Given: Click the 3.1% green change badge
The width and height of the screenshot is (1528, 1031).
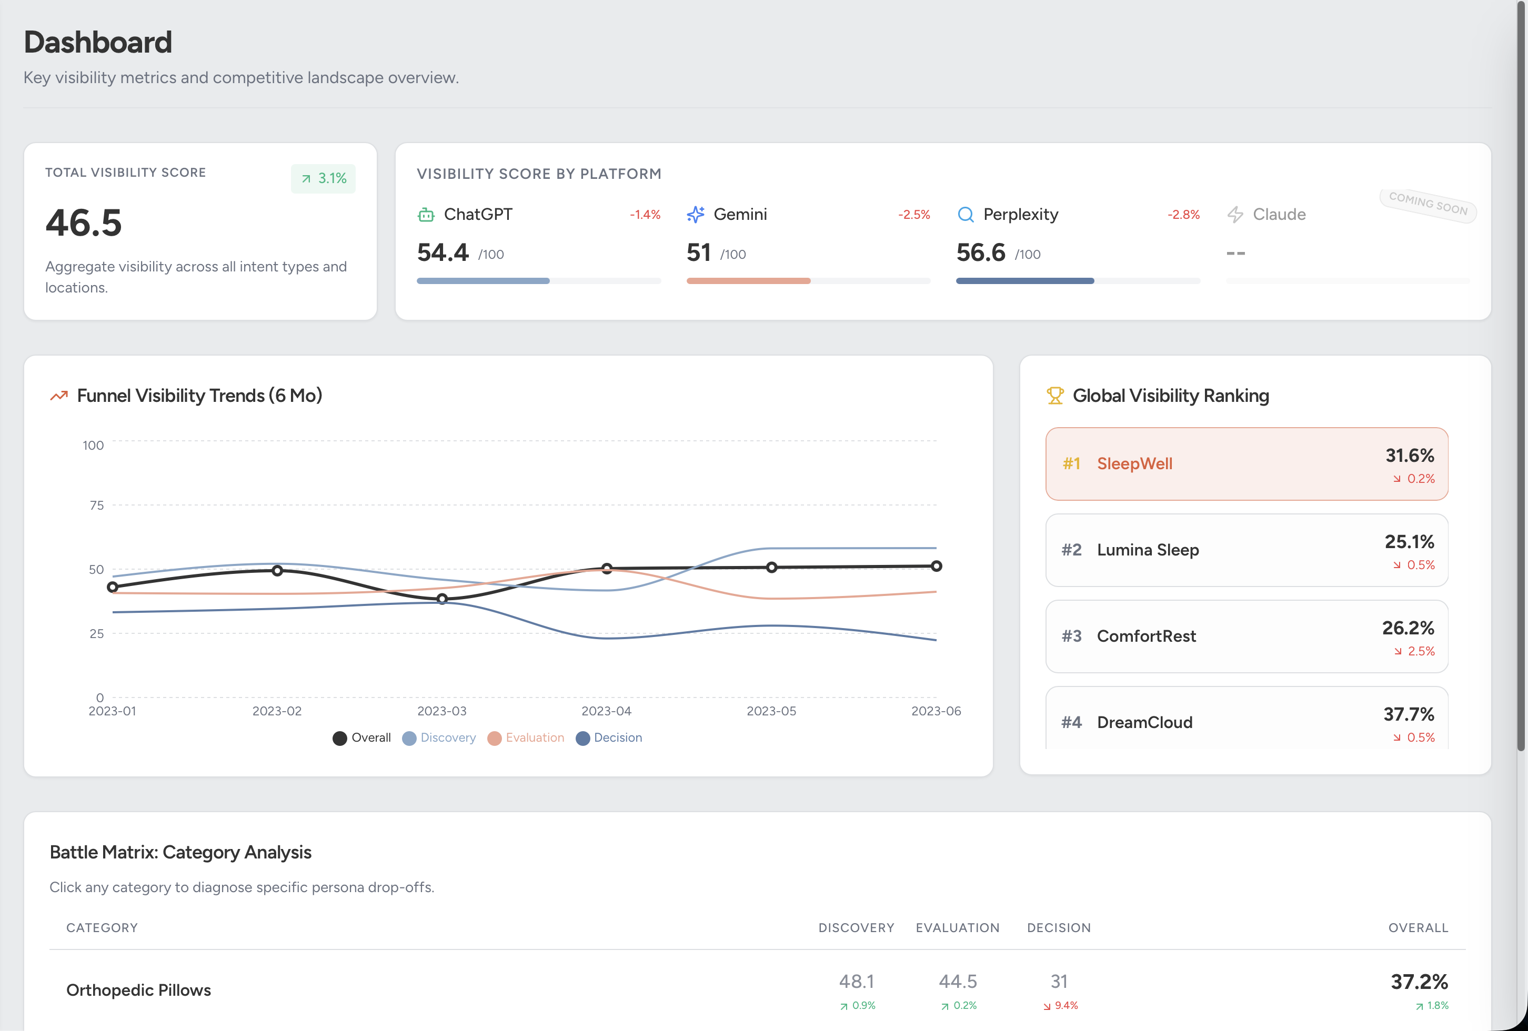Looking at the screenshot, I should [x=324, y=179].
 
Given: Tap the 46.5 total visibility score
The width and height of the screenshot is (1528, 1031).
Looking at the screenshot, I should [x=84, y=223].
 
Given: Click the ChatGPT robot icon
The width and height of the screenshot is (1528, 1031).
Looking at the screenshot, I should [x=426, y=215].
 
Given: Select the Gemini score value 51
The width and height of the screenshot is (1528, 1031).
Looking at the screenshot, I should [x=698, y=253].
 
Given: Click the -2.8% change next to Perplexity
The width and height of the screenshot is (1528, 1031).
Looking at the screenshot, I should [x=1183, y=215].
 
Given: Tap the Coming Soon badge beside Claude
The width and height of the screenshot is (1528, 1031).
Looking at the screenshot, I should [x=1428, y=205].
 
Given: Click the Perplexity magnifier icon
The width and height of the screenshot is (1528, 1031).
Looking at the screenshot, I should [x=965, y=215].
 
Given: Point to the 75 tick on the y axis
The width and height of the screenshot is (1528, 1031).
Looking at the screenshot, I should [x=97, y=506].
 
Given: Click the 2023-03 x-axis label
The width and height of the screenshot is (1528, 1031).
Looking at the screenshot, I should [x=442, y=711].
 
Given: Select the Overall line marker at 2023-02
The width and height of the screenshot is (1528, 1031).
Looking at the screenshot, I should [x=277, y=570].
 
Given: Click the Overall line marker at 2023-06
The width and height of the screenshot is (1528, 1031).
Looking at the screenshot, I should [x=936, y=566].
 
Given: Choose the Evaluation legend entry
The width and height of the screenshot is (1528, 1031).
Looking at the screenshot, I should [x=526, y=738].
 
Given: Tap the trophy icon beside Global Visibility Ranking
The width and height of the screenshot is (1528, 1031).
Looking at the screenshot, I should [x=1054, y=396].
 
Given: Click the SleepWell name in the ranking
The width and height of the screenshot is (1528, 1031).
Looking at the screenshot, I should [x=1134, y=464].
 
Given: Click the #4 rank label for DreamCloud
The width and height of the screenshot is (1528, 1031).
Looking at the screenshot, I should [x=1071, y=722].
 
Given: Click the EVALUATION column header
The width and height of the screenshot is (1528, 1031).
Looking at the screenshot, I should [x=957, y=928].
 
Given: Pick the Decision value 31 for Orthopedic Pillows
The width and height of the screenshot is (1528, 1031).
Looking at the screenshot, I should [x=1059, y=982].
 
